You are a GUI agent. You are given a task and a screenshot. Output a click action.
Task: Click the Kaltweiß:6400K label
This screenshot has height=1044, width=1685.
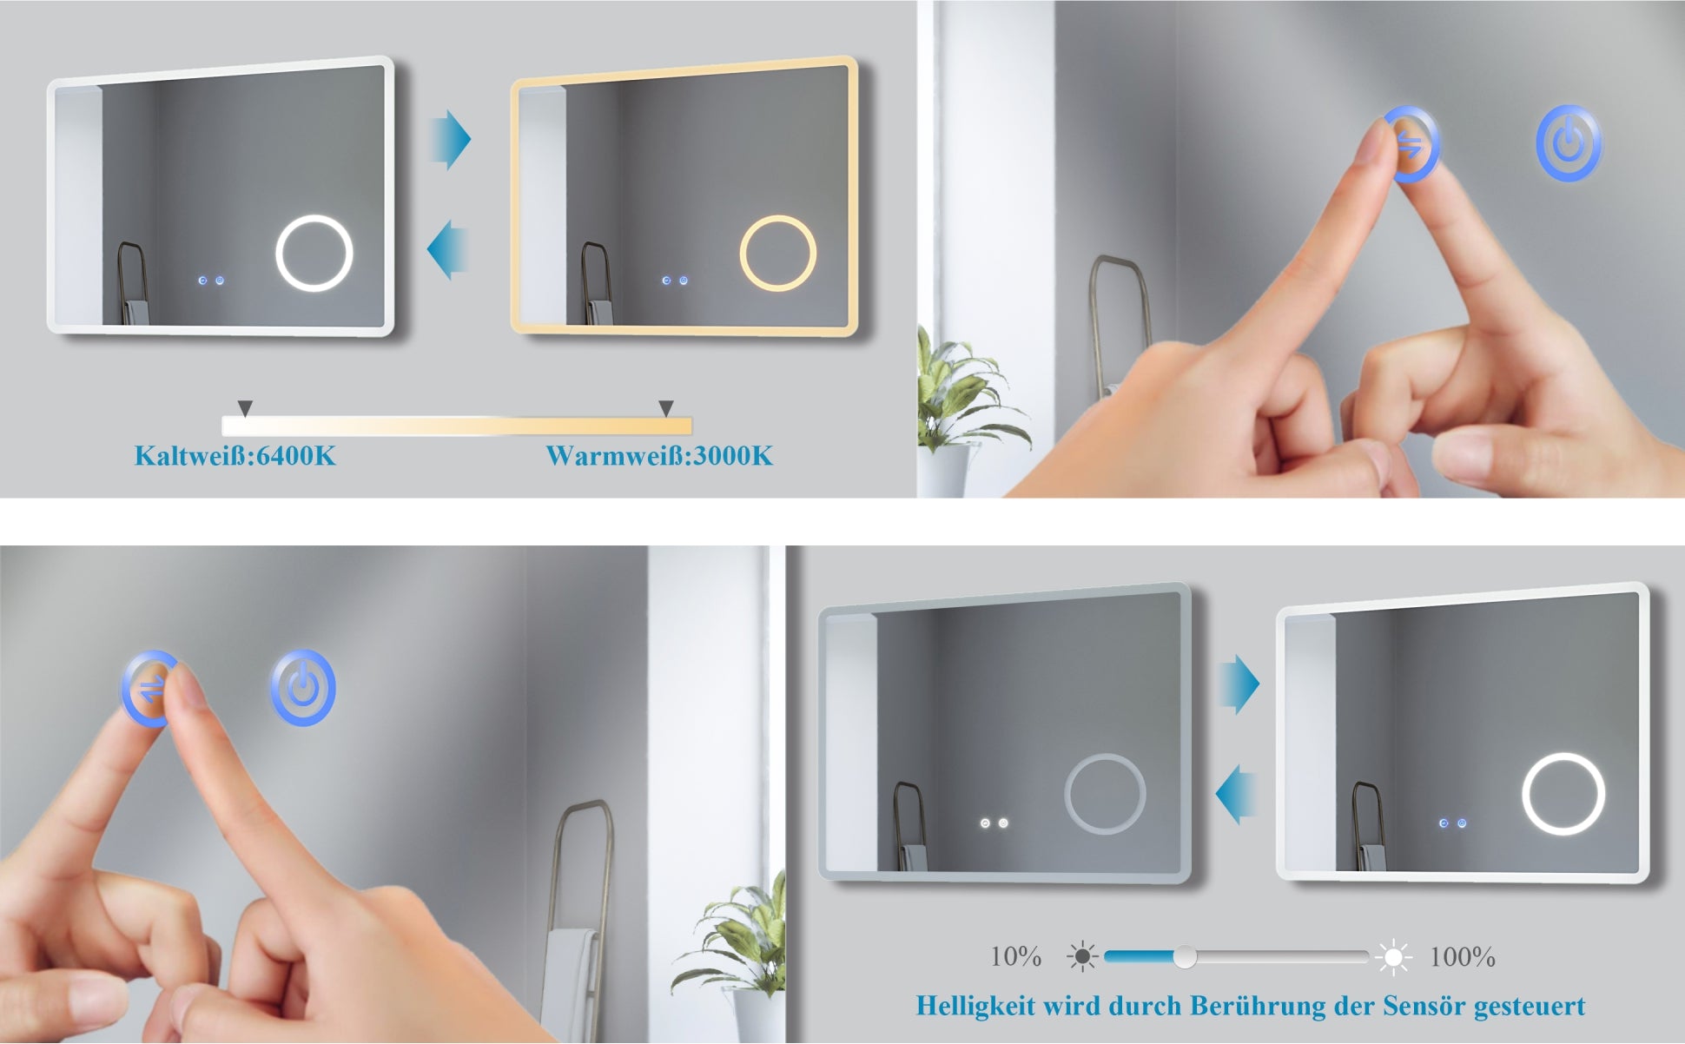pos(235,456)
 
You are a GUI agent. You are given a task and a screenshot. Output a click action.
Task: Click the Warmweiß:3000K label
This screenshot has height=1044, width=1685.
pos(659,456)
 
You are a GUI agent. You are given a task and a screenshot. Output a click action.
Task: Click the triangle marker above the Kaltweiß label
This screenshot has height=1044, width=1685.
pos(245,407)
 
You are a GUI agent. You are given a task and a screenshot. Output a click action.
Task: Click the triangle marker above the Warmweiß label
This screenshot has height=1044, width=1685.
pos(666,407)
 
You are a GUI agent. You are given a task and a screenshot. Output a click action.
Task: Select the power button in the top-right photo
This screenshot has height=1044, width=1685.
pos(1569,143)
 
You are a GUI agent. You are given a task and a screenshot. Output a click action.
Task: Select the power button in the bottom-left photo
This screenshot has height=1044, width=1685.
pos(302,688)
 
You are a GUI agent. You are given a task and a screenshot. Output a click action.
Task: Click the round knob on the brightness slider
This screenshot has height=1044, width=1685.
pos(1185,957)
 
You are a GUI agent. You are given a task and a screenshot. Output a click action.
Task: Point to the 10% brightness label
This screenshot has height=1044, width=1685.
pos(1016,957)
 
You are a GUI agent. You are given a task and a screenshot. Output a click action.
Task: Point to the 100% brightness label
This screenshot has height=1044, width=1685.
pos(1463,957)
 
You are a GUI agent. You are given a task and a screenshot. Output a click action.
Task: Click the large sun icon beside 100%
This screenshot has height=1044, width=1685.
pos(1393,957)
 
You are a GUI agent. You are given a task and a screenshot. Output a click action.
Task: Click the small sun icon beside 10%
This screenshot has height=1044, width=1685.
pos(1082,957)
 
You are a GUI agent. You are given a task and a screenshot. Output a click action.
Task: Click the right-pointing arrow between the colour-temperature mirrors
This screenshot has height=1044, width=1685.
pos(451,139)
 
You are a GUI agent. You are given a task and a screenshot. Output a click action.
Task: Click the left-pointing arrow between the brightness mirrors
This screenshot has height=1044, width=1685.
pos(1236,795)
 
